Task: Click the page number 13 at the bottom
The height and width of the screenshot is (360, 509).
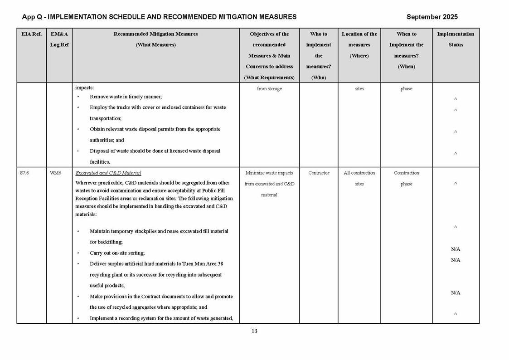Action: click(x=254, y=331)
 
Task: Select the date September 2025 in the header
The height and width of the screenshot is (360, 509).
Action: click(x=432, y=17)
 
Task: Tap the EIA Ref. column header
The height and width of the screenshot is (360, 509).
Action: click(x=31, y=34)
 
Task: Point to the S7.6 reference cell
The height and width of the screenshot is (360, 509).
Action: click(x=25, y=173)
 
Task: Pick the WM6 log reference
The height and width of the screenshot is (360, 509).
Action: click(x=55, y=173)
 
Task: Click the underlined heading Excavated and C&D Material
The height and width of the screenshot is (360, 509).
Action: click(x=108, y=173)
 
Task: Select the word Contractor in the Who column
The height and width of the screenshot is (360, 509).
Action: click(x=319, y=173)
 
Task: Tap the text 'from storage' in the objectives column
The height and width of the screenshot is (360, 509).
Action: click(x=269, y=89)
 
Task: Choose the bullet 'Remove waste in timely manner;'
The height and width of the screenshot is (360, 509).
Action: click(x=126, y=97)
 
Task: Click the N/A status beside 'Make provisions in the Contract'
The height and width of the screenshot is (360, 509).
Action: click(x=456, y=293)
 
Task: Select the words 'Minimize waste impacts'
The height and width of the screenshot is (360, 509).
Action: click(x=269, y=173)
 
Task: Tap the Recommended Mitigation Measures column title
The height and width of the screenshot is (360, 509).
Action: click(x=155, y=34)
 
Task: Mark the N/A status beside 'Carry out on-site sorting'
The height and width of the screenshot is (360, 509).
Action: click(x=456, y=249)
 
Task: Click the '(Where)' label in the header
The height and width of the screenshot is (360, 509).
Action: click(x=359, y=56)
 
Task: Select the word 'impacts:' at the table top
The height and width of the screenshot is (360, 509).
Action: click(x=84, y=88)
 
